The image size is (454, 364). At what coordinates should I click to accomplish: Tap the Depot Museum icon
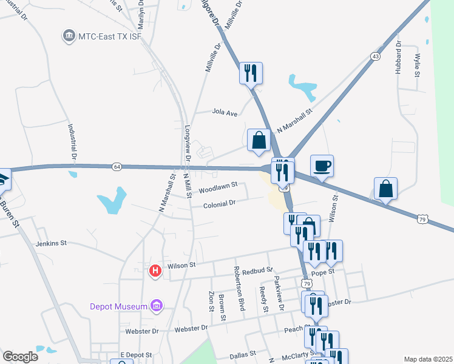157,306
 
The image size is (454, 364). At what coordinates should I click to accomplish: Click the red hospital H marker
155,271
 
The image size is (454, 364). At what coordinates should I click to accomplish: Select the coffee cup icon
322,166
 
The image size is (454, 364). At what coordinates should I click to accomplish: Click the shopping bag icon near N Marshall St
259,140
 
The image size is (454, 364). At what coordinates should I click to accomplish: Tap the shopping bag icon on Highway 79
385,189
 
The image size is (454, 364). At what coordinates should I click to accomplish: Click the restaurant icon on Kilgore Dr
251,73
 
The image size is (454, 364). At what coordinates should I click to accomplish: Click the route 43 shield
375,56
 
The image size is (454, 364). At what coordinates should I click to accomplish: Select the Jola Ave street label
224,112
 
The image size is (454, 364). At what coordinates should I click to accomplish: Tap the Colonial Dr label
219,204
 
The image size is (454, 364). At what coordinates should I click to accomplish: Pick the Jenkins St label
50,243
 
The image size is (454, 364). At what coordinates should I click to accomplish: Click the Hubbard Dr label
399,58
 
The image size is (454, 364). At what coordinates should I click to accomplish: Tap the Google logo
20,357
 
